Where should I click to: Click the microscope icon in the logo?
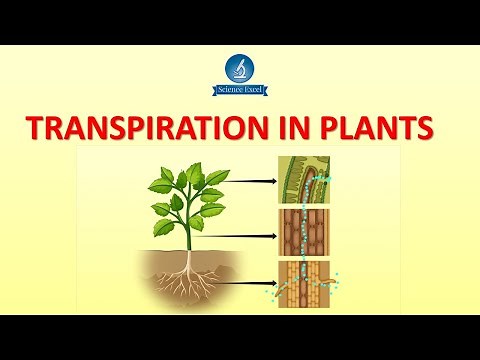coord(240,68)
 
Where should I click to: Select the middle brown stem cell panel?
coord(306,232)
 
